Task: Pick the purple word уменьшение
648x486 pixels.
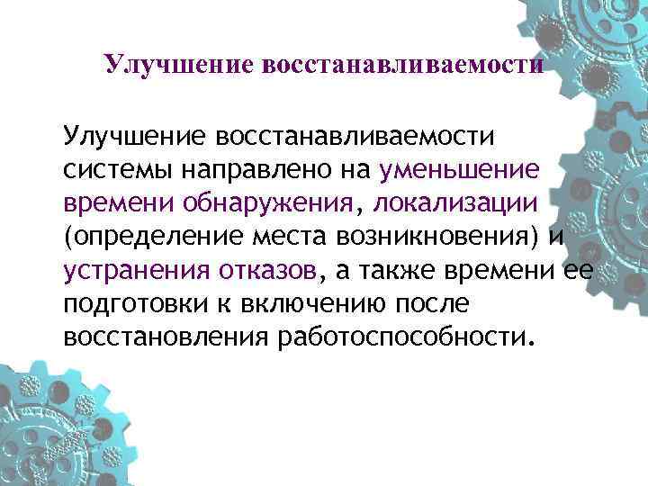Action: point(459,171)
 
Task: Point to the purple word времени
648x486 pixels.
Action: point(115,204)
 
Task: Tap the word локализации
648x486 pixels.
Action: point(462,204)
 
